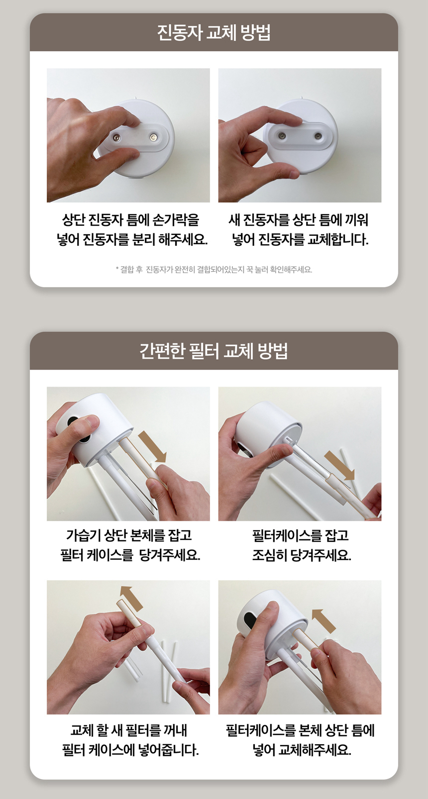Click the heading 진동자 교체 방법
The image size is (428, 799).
click(214, 33)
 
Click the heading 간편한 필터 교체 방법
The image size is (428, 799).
click(214, 351)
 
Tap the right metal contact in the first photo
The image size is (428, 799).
click(153, 137)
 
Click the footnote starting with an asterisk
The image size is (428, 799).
click(214, 270)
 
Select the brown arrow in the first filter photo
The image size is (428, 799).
click(152, 446)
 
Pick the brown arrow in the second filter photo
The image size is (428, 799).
click(339, 466)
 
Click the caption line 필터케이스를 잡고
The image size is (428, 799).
click(300, 536)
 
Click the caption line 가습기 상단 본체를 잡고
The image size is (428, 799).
click(129, 536)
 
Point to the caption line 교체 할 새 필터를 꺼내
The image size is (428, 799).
click(129, 730)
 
